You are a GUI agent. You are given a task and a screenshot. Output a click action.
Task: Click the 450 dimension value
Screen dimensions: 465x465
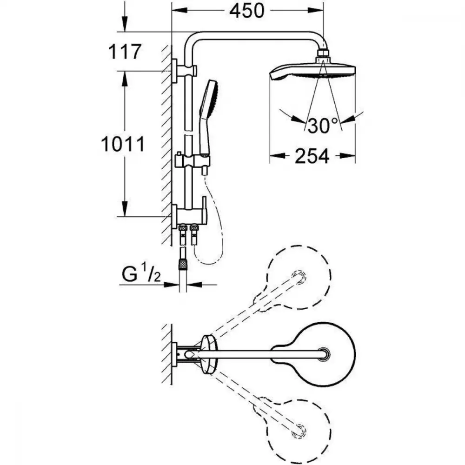tap(247, 11)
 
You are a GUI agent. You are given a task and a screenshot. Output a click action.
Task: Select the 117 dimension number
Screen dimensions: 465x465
tap(125, 52)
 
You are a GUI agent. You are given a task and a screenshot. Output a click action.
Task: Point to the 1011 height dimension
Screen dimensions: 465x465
tap(123, 144)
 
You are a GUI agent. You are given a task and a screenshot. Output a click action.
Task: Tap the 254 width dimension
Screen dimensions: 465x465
tap(312, 156)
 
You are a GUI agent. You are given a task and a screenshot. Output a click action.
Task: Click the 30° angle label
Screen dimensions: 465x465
tap(323, 125)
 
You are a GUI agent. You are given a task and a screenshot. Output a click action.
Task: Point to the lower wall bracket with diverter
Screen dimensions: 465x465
tap(190, 213)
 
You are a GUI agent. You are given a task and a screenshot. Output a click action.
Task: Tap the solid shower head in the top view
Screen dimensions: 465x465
tap(314, 353)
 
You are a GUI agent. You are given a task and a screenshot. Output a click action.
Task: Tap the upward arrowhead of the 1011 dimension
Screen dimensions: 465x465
tap(125, 79)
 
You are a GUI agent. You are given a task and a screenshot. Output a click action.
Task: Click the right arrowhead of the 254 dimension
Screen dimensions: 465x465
tap(347, 156)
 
